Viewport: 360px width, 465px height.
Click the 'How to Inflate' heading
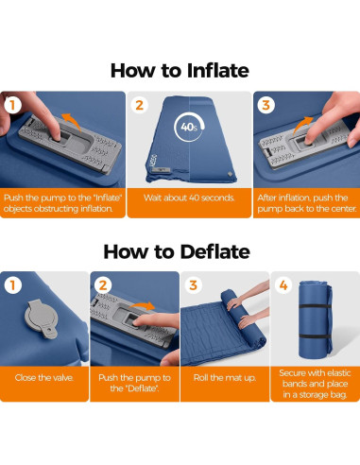click(180, 71)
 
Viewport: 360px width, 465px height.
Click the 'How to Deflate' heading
click(177, 252)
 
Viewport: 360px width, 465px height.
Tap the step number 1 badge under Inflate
click(13, 105)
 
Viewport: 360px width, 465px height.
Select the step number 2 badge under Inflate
click(140, 105)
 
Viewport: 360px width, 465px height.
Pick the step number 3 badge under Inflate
click(266, 105)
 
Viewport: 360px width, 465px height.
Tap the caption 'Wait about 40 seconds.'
click(189, 198)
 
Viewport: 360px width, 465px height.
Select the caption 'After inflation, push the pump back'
click(307, 203)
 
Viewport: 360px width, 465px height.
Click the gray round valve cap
click(42, 319)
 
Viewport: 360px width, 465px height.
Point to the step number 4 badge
click(283, 285)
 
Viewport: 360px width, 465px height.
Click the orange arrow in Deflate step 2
click(143, 305)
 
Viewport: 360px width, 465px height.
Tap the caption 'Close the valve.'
click(44, 378)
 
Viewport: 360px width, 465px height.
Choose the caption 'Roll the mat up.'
click(225, 378)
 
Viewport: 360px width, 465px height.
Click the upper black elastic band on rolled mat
click(315, 306)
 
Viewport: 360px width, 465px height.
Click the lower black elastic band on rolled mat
click(315, 336)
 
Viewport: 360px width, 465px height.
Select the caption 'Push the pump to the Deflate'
click(134, 383)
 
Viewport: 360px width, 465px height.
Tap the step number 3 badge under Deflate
click(193, 285)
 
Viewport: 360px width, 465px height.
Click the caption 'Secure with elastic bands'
click(315, 378)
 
